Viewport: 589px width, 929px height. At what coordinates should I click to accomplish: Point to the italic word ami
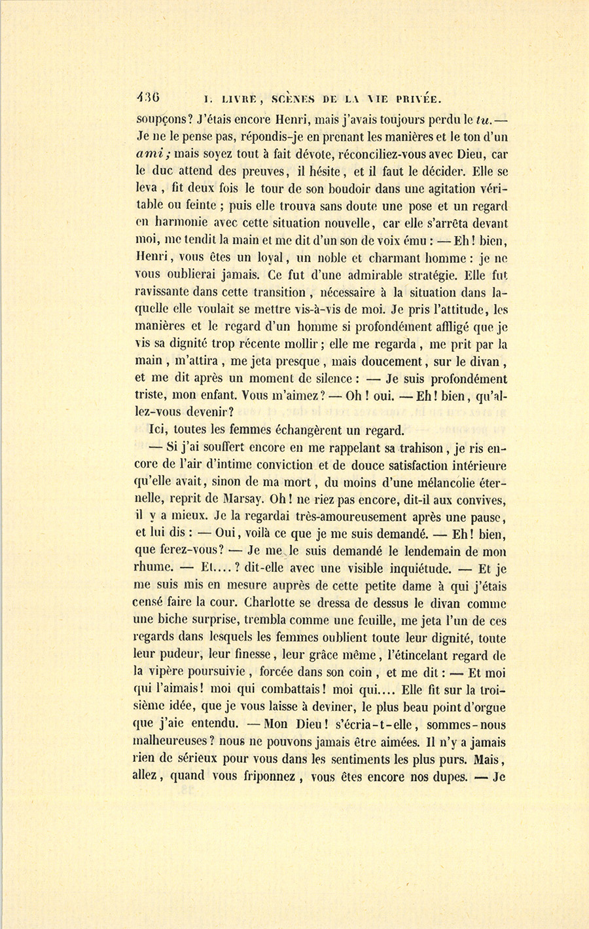[152, 155]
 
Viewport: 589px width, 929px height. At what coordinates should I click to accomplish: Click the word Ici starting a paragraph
[158, 430]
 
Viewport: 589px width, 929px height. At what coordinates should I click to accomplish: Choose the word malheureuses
[175, 743]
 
